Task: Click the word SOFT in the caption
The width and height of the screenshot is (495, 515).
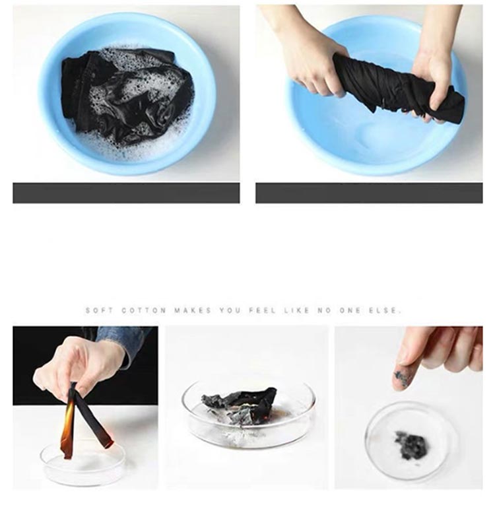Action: (100, 310)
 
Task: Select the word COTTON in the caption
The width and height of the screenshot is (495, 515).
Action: (144, 310)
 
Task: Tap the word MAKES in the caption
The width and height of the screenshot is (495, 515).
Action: (193, 310)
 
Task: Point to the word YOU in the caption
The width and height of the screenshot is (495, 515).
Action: (230, 310)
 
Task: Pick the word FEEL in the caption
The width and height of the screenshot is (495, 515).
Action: (262, 310)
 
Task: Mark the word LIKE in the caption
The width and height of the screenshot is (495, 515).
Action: (297, 310)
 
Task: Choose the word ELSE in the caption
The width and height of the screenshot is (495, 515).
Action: (385, 310)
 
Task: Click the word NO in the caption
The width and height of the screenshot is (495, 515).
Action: (324, 310)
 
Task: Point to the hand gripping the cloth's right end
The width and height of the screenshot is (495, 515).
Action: (433, 72)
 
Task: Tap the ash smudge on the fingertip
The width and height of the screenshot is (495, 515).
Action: (401, 378)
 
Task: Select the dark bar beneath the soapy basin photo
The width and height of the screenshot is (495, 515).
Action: (126, 193)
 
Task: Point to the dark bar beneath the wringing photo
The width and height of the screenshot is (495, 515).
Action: (369, 193)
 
